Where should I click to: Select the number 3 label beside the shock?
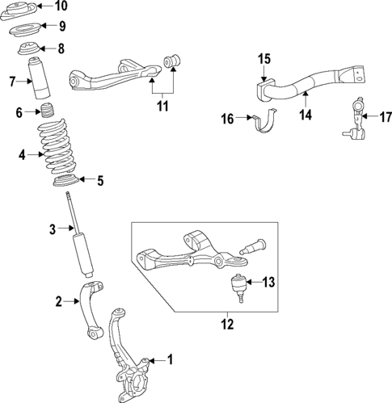51,230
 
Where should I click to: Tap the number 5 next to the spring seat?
99,181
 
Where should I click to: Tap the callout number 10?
61,6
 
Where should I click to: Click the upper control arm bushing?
171,61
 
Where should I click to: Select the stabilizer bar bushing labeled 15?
264,90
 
